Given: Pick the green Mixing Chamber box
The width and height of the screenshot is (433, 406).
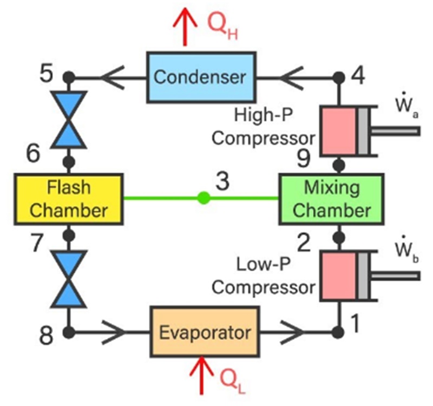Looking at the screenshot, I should click(331, 199).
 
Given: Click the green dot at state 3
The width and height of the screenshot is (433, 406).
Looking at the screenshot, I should click(203, 198).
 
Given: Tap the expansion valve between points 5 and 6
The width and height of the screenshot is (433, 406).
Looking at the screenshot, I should click(68, 120).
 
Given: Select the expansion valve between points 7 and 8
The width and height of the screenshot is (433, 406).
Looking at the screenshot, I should click(68, 278).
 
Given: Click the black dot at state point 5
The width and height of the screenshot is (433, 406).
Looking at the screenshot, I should click(68, 76).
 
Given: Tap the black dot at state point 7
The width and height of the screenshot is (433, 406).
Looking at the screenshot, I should click(68, 235).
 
